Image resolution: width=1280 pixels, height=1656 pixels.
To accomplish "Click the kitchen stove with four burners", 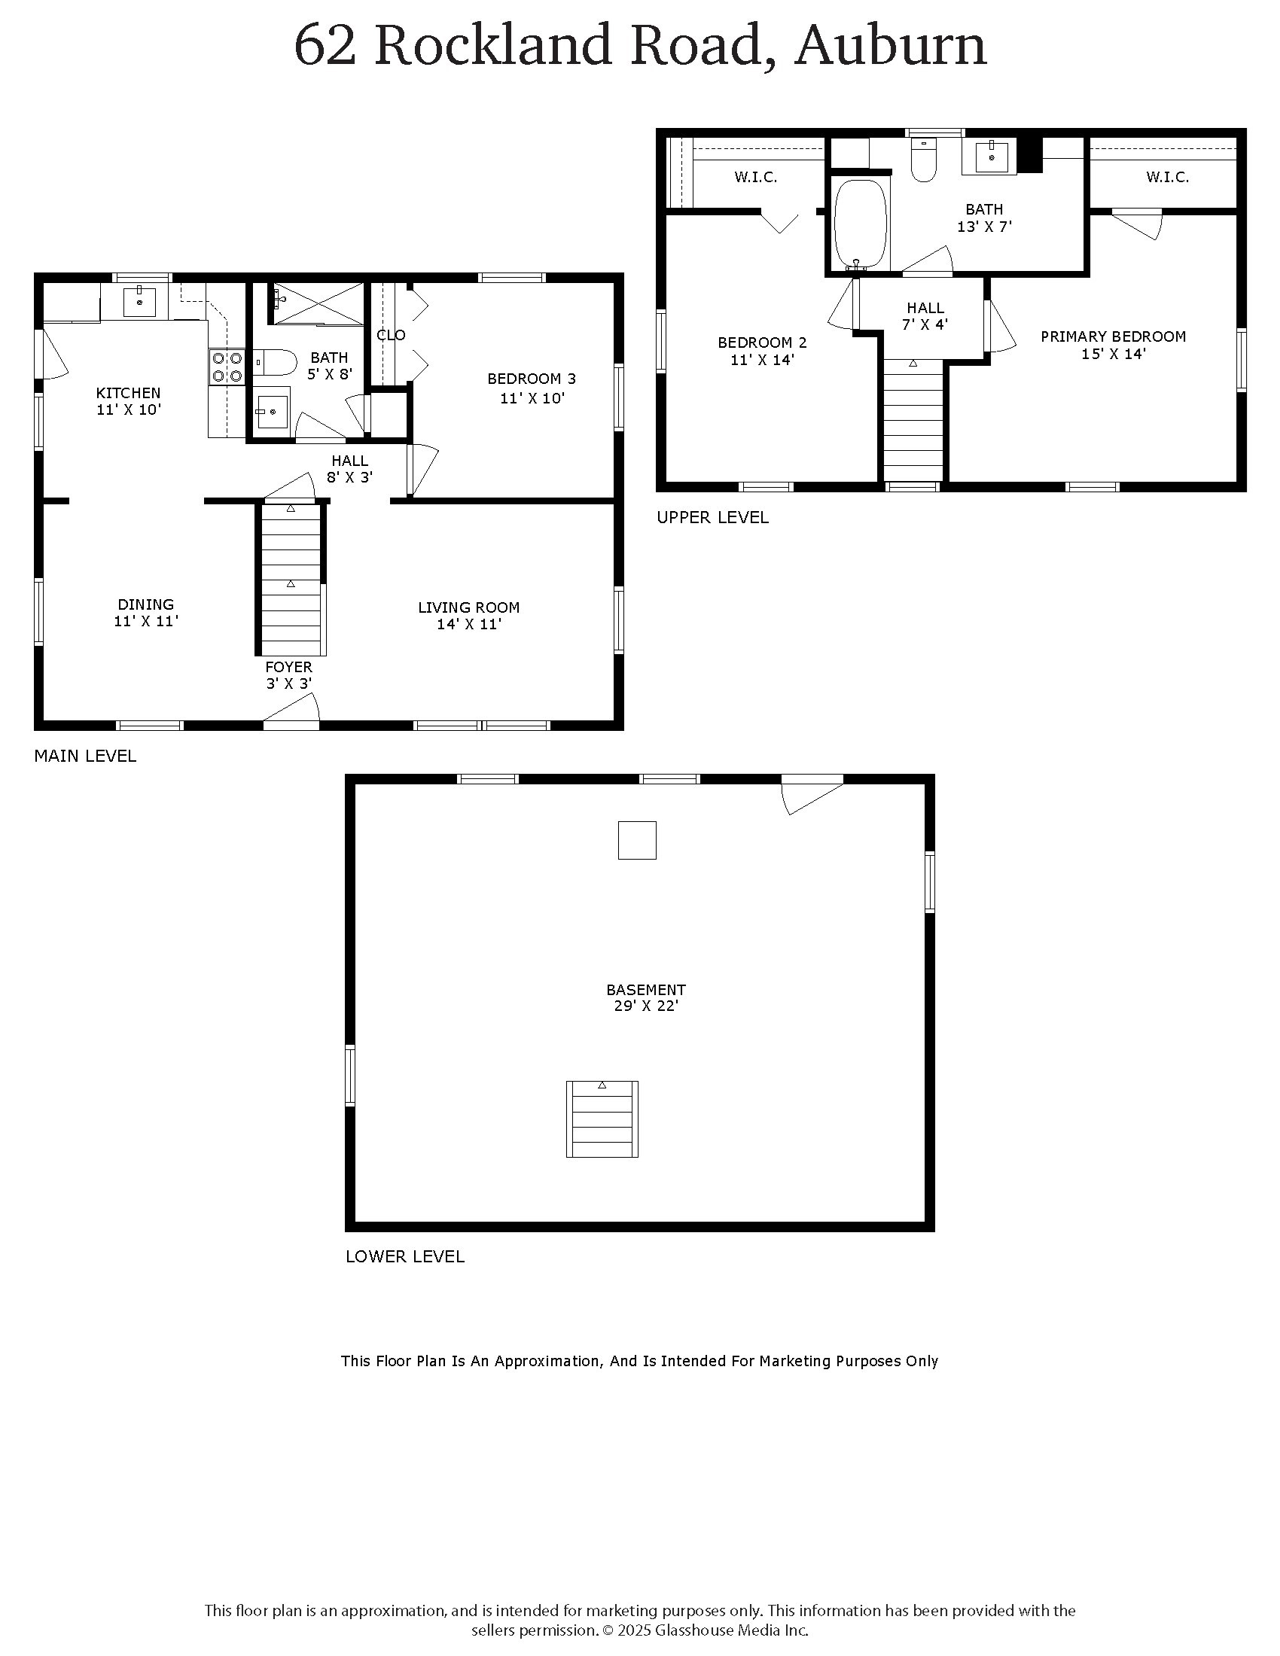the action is [x=227, y=367].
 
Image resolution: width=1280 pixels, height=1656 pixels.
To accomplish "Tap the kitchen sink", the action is [x=140, y=301].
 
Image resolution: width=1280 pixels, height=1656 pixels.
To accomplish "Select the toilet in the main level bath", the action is [x=273, y=364].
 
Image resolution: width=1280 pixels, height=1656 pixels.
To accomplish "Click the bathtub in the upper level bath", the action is [x=860, y=224].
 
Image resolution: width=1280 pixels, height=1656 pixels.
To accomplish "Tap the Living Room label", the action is [x=468, y=607].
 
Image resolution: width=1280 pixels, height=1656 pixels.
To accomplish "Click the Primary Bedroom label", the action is [x=1112, y=336].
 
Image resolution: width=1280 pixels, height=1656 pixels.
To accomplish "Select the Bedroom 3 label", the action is [x=531, y=379].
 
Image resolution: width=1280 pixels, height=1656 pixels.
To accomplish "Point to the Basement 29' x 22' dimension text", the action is [x=645, y=1006].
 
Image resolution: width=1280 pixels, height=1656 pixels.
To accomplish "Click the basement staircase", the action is [x=602, y=1119].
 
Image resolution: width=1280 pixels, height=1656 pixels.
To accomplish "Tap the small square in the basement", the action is [x=637, y=840].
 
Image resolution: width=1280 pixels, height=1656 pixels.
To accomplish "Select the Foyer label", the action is [x=288, y=667].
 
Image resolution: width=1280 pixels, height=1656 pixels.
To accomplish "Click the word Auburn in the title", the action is [x=890, y=45].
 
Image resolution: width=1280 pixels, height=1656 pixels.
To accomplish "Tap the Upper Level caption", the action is [x=712, y=517].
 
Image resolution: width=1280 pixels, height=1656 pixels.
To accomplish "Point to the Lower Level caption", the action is [x=405, y=1256].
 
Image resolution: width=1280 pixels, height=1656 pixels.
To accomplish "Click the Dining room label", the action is [x=145, y=604].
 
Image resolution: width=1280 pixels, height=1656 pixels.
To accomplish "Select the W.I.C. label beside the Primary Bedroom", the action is [x=1167, y=178].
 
